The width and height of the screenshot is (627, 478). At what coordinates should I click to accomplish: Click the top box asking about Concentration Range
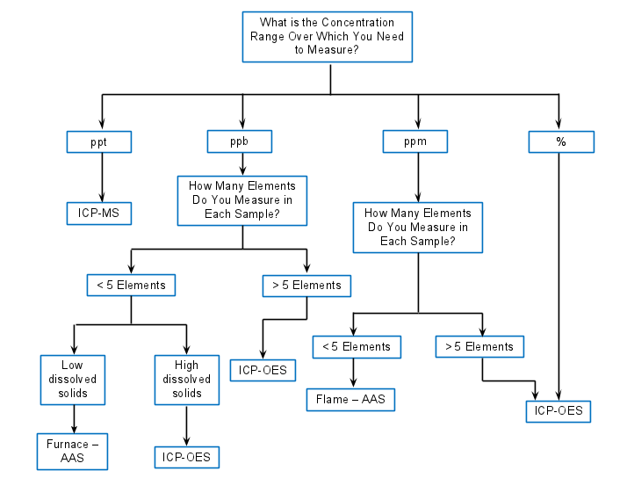tap(327, 37)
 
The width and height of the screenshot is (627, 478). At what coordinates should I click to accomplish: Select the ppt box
tap(98, 141)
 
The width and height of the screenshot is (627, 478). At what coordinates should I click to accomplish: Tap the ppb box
tap(239, 141)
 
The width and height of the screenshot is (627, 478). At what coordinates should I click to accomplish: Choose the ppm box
tap(415, 141)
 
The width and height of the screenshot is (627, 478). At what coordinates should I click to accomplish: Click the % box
tap(561, 142)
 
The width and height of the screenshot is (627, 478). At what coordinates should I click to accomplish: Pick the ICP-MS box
tap(98, 213)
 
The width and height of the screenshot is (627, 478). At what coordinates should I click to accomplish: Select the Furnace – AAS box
tap(73, 450)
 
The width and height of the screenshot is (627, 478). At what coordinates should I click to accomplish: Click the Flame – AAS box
tap(350, 400)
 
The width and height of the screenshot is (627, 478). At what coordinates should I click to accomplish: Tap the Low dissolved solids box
tap(73, 379)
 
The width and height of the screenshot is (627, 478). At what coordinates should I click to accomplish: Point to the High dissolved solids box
tap(186, 379)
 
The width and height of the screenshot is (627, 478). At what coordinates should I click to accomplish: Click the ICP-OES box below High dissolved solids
tap(186, 458)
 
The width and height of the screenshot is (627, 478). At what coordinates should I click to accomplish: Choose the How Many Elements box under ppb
tap(242, 199)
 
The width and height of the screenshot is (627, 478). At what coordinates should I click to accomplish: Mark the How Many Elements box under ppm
tap(417, 228)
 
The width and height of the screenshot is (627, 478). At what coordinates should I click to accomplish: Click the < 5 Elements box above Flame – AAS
tap(357, 347)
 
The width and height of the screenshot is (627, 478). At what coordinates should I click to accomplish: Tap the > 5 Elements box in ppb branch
tap(306, 286)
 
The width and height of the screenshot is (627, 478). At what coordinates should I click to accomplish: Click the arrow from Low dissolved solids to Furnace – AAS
tap(74, 418)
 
